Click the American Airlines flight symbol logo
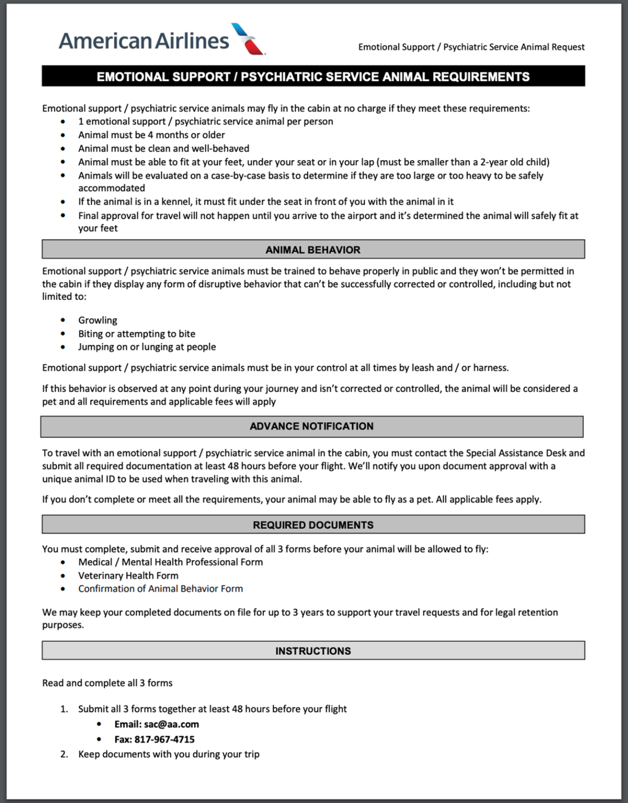click(x=248, y=39)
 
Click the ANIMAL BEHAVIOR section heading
click(x=313, y=250)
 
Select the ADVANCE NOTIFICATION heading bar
click(x=312, y=426)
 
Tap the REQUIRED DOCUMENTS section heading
click(x=313, y=525)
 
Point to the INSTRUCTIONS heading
click(x=313, y=651)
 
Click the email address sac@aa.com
click(x=171, y=724)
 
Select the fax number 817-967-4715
click(x=164, y=739)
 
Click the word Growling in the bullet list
click(x=98, y=320)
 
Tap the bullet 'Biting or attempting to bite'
click(x=136, y=334)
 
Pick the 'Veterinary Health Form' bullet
click(x=128, y=576)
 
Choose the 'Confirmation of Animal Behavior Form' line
click(x=161, y=589)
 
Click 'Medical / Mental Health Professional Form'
click(x=170, y=562)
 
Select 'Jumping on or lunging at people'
click(x=147, y=347)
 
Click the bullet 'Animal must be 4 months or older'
click(x=151, y=135)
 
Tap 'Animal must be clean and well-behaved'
click(x=164, y=148)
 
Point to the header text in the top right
click(x=471, y=47)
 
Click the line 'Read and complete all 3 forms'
click(x=107, y=683)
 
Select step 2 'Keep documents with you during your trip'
click(x=168, y=754)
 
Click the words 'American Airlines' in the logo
click(x=144, y=41)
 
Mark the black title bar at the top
click(x=313, y=76)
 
